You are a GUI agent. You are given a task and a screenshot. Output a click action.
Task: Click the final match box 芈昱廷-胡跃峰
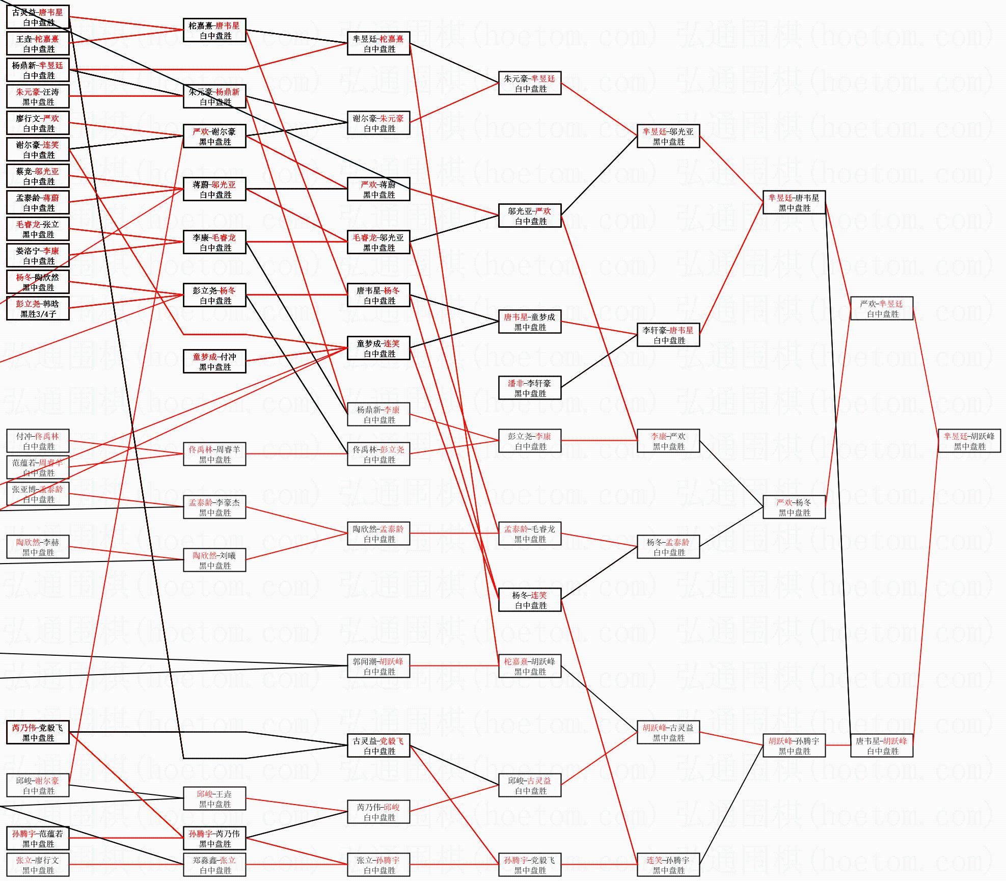pyautogui.click(x=969, y=441)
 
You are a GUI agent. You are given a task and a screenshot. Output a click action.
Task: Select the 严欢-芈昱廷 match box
pyautogui.click(x=881, y=308)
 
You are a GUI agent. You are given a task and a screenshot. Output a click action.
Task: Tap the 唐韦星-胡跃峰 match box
pyautogui.click(x=881, y=745)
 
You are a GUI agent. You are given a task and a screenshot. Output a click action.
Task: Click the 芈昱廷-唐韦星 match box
pyautogui.click(x=794, y=202)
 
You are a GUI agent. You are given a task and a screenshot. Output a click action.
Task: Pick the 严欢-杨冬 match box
pyautogui.click(x=794, y=507)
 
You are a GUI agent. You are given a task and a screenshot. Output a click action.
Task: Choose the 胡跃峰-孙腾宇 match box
pyautogui.click(x=794, y=745)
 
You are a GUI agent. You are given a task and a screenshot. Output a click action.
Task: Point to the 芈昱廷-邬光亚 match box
pyautogui.click(x=668, y=136)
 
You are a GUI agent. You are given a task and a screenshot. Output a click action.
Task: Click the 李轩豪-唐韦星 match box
pyautogui.click(x=668, y=335)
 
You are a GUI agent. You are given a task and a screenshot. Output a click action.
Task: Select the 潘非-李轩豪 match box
pyautogui.click(x=529, y=388)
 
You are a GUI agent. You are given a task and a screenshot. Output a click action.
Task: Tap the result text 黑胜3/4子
pyautogui.click(x=38, y=314)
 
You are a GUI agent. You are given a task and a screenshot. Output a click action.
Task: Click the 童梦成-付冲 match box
pyautogui.click(x=214, y=361)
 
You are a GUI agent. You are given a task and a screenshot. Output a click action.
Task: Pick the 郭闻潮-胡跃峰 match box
pyautogui.click(x=378, y=666)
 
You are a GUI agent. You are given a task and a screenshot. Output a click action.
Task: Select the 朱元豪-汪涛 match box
pyautogui.click(x=38, y=96)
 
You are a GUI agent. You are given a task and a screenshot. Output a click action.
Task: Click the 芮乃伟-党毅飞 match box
pyautogui.click(x=38, y=732)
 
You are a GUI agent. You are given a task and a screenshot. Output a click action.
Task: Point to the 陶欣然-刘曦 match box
pyautogui.click(x=214, y=560)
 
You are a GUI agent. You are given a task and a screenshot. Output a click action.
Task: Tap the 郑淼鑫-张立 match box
pyautogui.click(x=214, y=865)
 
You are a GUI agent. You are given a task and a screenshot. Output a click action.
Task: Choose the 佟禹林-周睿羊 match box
pyautogui.click(x=214, y=454)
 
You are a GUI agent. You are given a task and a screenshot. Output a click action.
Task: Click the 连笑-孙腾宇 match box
pyautogui.click(x=668, y=865)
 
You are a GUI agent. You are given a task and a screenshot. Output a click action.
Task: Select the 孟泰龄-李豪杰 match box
pyautogui.click(x=214, y=507)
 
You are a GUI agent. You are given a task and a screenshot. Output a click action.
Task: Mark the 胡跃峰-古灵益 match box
pyautogui.click(x=668, y=732)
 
